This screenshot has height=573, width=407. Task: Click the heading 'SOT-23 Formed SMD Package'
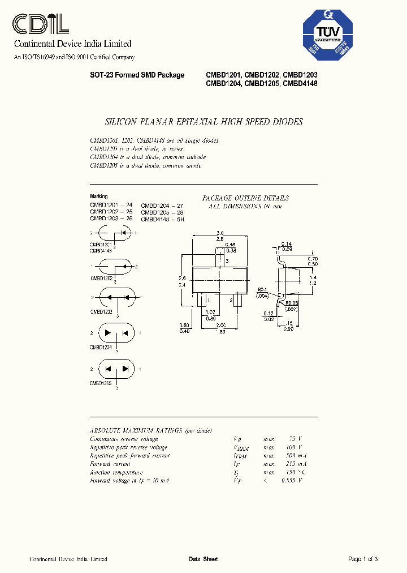(x=137, y=75)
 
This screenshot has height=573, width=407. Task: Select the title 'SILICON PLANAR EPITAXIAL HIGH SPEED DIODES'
(x=204, y=122)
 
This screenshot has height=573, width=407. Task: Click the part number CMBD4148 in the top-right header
(x=300, y=84)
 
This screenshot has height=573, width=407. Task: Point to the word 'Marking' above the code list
(x=99, y=196)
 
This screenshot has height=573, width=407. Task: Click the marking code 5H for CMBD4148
(x=181, y=219)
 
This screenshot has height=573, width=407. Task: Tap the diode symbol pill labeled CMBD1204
(x=116, y=333)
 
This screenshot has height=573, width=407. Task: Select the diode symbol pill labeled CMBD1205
(x=116, y=369)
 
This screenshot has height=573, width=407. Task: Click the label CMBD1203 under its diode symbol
(x=101, y=311)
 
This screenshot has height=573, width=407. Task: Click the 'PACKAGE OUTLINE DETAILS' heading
(x=245, y=198)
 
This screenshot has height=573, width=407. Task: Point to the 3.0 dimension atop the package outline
(x=220, y=233)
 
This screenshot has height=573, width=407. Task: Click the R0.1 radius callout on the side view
(x=261, y=289)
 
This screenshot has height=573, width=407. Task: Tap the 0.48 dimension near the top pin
(x=231, y=245)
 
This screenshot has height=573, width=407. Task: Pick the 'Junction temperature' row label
(x=116, y=472)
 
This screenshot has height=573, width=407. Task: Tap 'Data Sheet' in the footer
(x=203, y=559)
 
